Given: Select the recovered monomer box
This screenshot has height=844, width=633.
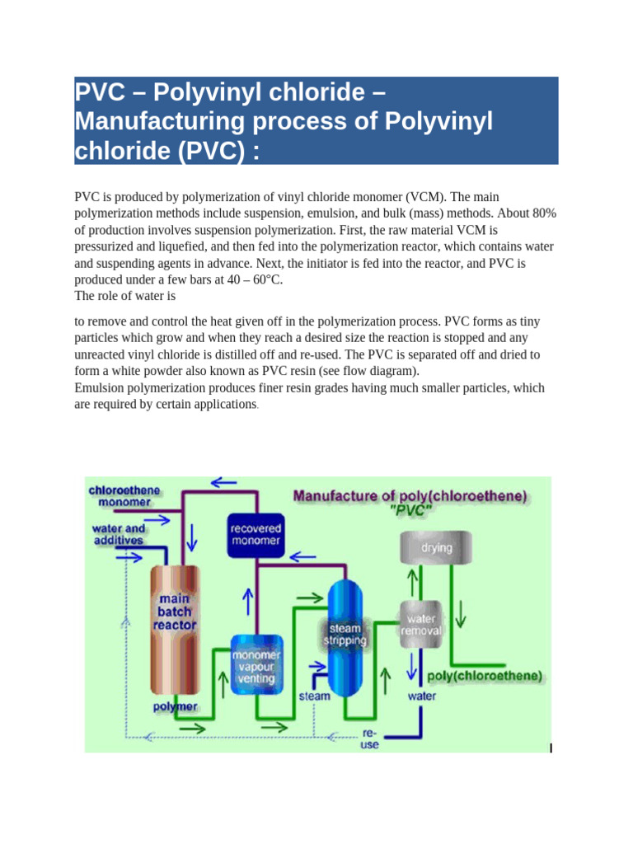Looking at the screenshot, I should click(x=256, y=534).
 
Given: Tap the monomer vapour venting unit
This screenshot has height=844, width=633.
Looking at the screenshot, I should click(x=258, y=665).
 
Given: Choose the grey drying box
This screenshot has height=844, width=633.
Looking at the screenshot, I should click(x=436, y=547).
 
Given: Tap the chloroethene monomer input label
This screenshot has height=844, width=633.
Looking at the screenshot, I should click(x=124, y=495).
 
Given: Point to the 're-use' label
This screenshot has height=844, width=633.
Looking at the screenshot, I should click(x=370, y=738).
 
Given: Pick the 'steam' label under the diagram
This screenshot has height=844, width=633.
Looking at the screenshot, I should click(x=314, y=696).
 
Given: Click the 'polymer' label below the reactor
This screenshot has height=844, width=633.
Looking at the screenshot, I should click(x=175, y=707).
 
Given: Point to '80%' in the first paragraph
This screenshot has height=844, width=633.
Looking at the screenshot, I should click(x=543, y=213).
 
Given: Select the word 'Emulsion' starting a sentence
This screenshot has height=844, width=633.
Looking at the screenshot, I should click(x=102, y=387).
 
